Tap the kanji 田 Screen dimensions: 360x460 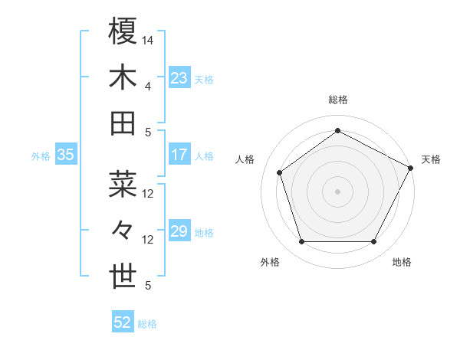pos(123,123)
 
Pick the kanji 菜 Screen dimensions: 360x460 pos(123,184)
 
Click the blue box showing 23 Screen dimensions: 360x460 pos(179,77)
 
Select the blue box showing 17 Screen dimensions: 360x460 pos(179,155)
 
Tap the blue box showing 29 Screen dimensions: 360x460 pos(179,231)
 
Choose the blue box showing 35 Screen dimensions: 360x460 pos(65,155)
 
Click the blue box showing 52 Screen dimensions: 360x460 pos(122,322)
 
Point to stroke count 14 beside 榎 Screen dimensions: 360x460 pos(148,40)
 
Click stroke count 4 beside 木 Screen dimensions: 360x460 pos(148,86)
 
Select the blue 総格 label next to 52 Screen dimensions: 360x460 pos(147,324)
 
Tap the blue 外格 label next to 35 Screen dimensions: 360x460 pos(41,155)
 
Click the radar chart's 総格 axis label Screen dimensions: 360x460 pos(337,100)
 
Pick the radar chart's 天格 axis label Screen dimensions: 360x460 pos(431,159)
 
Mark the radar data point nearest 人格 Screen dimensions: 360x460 pos(280,172)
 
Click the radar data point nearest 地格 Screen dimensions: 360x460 pos(373,242)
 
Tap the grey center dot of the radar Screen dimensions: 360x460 pos(337,191)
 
